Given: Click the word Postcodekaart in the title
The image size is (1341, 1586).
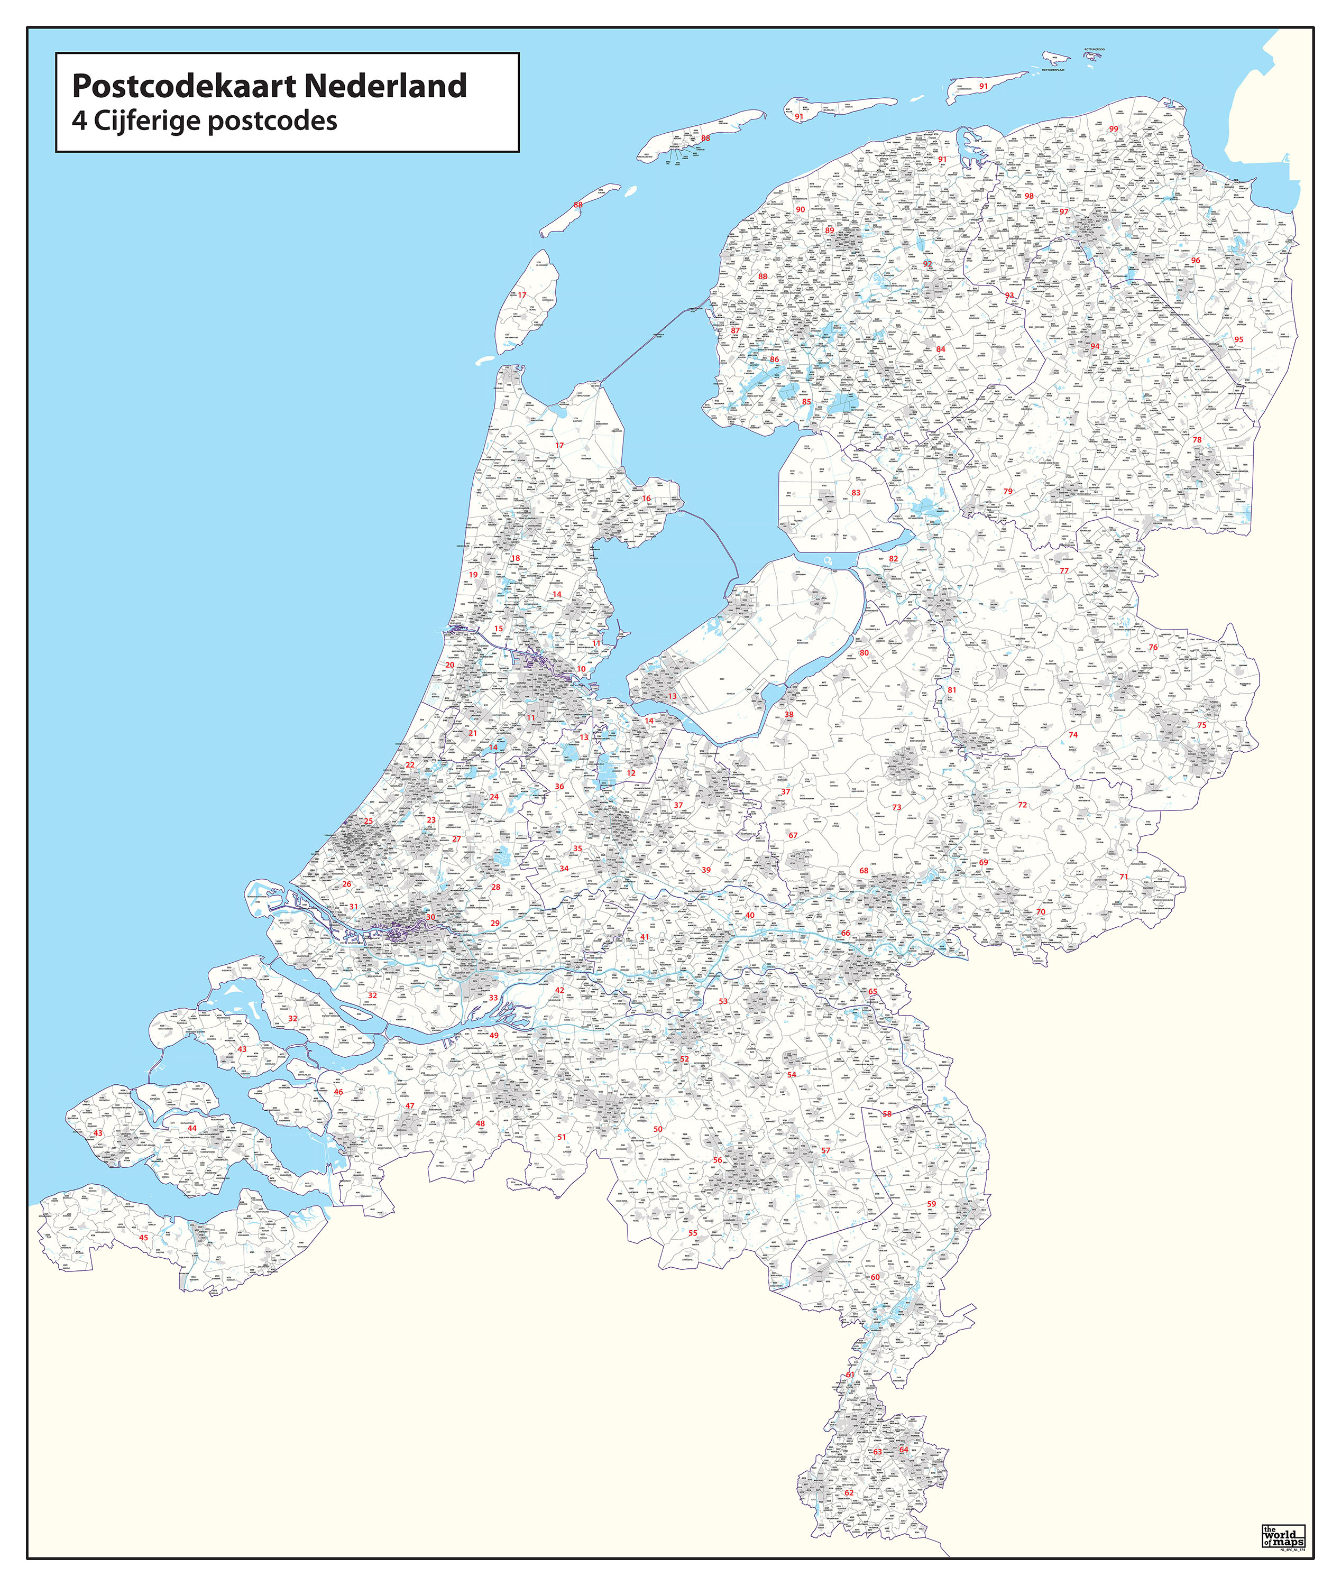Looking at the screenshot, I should [183, 87].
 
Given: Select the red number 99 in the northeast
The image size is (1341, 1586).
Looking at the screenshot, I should [1114, 129].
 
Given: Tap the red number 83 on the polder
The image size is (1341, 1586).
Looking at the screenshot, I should [856, 492].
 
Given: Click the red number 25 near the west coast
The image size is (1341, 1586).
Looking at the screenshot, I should [369, 820].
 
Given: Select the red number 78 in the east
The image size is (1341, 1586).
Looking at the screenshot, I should [1197, 440].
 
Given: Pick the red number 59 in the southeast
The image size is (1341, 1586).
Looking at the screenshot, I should [931, 1204].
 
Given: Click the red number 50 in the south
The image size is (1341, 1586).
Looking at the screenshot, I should [658, 1129].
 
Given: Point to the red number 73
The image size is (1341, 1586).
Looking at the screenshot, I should [897, 807].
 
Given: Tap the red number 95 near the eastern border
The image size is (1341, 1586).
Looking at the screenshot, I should [1239, 340].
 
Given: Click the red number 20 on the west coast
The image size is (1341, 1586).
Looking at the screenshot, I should [450, 665].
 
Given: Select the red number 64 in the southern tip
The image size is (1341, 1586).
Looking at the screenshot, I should [904, 1449].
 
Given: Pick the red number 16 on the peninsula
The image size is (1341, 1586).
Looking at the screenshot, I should [647, 499].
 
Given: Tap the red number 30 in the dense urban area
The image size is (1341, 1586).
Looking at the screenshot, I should [431, 917].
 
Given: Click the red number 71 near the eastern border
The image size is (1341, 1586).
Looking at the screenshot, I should [1124, 876].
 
